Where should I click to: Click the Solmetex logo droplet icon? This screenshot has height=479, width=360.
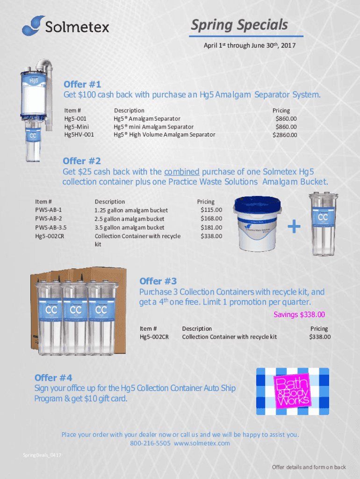coord(31,26)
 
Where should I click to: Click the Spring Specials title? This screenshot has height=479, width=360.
coord(239,25)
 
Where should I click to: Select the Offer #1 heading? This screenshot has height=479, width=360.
coord(82,84)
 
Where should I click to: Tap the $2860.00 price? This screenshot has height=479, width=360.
coord(285,135)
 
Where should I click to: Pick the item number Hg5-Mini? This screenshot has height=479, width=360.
coord(76,126)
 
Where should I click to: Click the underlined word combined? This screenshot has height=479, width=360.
coord(182,172)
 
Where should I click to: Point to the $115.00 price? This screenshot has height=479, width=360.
coord(211,210)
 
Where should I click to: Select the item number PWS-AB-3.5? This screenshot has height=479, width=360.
coord(50,227)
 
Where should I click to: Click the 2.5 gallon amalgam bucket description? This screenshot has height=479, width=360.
coord(130,219)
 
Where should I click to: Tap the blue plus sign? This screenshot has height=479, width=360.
coord(294,226)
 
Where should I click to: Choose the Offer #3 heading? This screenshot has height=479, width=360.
coord(158,281)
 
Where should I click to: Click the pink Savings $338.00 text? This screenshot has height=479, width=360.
coord(299,314)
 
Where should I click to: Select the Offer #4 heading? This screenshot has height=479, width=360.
coord(53,377)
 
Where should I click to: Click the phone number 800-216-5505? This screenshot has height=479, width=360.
coord(150,443)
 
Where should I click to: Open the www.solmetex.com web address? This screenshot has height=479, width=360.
coord(202,443)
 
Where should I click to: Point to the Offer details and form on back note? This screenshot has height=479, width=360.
coord(309,467)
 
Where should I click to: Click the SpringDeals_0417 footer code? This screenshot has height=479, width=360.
coord(42,455)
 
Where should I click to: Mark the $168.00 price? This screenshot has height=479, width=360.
coord(211,218)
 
